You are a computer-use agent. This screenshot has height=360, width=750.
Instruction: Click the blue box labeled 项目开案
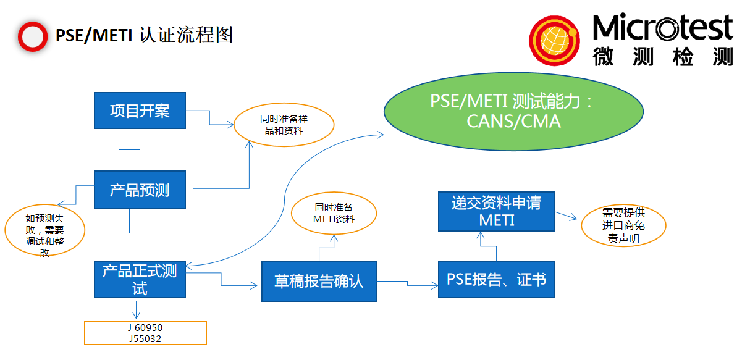[x=140, y=111]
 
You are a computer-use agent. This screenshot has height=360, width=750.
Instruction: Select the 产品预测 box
[x=140, y=190]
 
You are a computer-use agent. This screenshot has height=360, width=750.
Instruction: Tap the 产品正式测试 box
[x=140, y=278]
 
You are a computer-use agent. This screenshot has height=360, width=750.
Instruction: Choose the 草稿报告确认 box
[x=319, y=282]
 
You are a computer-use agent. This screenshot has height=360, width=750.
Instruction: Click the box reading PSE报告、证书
[x=496, y=280]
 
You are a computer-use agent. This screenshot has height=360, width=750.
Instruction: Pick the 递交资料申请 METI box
[x=496, y=211]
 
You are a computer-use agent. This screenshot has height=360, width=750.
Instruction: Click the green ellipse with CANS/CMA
[x=513, y=111]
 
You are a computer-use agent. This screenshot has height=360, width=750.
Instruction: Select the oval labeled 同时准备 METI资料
[x=334, y=213]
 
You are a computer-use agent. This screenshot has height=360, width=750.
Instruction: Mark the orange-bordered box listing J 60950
[x=145, y=333]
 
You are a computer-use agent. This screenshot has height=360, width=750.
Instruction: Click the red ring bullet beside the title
[x=32, y=36]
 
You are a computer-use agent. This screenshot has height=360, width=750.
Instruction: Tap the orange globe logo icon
[x=554, y=41]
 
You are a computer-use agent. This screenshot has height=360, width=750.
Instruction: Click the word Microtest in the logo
[x=662, y=28]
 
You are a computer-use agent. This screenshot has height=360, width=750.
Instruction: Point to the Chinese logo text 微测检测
[x=662, y=56]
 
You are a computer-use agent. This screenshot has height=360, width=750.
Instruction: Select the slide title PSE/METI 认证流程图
[x=144, y=35]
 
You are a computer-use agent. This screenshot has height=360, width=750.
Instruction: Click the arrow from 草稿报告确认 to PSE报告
[x=408, y=284]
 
